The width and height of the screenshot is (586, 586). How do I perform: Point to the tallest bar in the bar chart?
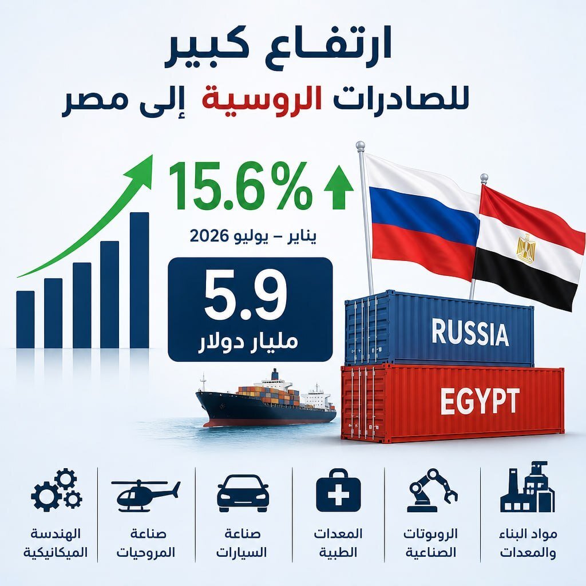coord(140,280)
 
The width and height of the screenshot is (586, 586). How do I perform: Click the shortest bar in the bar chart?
coord(25,319)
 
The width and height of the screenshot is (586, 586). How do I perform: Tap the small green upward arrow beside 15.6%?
coord(339,187)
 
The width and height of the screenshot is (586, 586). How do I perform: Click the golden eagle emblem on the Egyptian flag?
coord(526,248)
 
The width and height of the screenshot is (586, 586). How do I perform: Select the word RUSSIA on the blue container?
coord(470,332)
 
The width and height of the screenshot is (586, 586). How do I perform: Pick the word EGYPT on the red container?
coord(480,401)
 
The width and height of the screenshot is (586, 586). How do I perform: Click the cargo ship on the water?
coord(266,402)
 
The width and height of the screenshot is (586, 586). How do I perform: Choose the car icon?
coord(243,493)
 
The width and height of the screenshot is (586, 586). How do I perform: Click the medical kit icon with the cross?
coord(338,490)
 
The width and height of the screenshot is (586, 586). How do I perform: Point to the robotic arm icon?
coord(433,490)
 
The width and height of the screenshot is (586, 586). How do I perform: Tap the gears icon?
coord(57,490)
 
